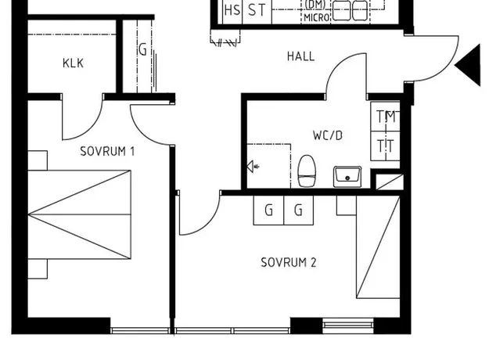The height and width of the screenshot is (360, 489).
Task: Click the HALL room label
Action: tap(300, 56)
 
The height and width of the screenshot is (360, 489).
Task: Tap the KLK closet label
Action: tap(73, 63)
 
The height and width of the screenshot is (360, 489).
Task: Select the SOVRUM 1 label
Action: tap(107, 151)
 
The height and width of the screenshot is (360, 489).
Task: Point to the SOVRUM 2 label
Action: tap(289, 262)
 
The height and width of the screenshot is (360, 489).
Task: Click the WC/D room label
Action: tap(328, 135)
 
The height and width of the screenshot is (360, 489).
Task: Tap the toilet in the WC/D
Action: tap(307, 171)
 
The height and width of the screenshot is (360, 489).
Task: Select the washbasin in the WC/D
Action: tap(347, 177)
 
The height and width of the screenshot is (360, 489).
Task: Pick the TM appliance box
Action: tap(385, 117)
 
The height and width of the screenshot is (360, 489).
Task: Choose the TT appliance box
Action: tap(385, 146)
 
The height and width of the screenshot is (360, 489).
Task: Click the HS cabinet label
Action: tap(232, 10)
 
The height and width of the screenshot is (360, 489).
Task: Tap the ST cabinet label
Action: tap(257, 10)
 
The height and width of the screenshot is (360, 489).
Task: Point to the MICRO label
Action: tap(317, 17)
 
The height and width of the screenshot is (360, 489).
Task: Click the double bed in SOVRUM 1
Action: tap(80, 214)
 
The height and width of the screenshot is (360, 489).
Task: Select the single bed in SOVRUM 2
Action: tap(378, 247)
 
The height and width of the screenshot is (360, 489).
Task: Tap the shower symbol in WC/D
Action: tap(253, 167)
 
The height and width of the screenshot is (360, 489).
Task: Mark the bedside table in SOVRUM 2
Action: tap(347, 205)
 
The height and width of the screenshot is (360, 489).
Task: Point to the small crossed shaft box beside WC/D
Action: tap(390, 182)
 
